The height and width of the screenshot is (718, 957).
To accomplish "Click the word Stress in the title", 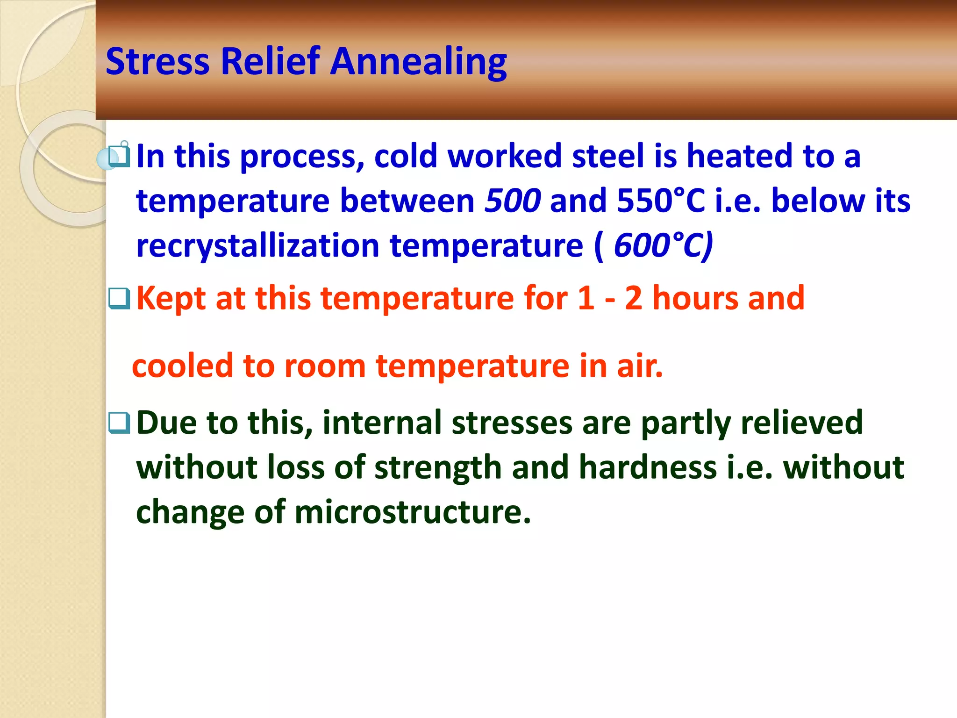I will [157, 62].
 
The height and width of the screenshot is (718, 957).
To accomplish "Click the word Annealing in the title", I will [418, 63].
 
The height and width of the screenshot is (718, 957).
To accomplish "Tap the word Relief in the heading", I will [270, 62].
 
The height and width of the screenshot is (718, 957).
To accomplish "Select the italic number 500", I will [513, 201].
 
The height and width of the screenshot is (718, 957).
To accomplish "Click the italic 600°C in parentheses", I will [663, 245].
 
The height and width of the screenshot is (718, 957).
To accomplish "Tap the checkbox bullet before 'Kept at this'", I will [119, 298].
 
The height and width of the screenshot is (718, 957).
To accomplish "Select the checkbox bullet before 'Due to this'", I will [119, 423].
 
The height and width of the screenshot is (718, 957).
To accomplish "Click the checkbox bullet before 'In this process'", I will [119, 156].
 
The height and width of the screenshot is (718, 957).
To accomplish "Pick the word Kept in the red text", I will [171, 298].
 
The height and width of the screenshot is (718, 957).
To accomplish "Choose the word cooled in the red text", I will [182, 366].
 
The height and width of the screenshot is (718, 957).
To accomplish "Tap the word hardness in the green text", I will [648, 467].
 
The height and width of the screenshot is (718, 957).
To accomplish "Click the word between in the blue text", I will [407, 201].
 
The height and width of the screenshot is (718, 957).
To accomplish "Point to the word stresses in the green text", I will [512, 423].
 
